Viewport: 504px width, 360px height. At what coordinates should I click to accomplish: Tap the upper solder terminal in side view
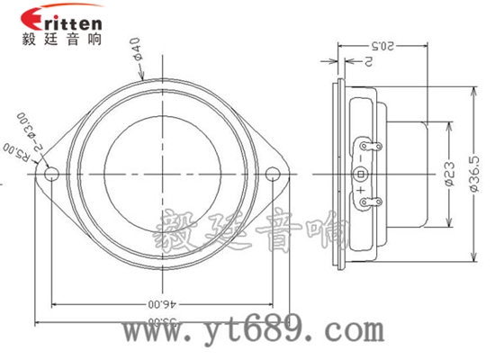365,144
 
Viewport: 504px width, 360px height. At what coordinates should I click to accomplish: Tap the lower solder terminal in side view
365,202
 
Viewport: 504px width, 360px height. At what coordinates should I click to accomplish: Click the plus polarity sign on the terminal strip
361,190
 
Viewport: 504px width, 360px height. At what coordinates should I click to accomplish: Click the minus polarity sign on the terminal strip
361,157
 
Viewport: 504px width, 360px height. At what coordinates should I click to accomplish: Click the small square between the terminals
361,173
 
